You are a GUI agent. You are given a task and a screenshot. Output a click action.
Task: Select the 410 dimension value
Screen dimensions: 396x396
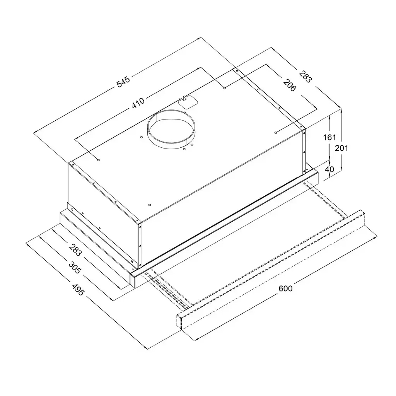(138, 103)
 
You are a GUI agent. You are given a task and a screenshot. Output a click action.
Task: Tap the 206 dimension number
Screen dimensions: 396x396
(289, 85)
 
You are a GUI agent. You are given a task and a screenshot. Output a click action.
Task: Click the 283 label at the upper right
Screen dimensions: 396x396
(305, 76)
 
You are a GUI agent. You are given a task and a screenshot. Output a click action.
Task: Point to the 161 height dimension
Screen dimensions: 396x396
(330, 137)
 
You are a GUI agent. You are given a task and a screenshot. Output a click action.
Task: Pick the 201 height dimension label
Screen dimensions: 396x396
(342, 148)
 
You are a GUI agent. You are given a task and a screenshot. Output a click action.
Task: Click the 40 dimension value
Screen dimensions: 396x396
(330, 169)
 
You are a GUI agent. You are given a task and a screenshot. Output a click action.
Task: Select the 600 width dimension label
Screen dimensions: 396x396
(285, 288)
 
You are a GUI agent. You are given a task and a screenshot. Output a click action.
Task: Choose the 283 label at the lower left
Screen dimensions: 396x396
(75, 249)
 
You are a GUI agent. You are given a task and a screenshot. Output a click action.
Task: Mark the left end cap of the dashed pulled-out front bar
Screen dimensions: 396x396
(180, 321)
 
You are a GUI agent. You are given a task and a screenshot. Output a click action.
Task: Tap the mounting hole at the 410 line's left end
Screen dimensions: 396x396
(99, 159)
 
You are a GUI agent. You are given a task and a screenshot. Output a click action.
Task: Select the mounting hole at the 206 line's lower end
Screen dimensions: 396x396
(276, 133)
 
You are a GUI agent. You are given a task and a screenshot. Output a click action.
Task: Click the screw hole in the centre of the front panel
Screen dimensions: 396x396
(149, 205)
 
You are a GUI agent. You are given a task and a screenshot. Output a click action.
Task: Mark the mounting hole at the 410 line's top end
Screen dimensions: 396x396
(225, 89)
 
